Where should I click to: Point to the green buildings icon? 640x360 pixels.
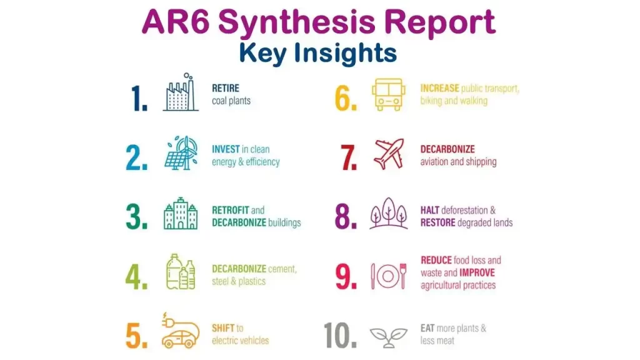point(181,215)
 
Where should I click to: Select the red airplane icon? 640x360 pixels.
point(388,154)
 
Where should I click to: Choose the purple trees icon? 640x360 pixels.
point(388,214)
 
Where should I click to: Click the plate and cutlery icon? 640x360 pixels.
point(388,275)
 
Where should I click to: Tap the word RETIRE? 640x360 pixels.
point(226,89)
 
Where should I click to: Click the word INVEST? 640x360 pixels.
point(226,150)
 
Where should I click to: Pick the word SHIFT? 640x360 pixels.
point(223,328)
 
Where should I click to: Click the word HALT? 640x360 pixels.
point(430,211)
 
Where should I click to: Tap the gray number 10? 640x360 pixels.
point(340,336)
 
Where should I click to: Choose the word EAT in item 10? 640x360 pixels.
point(427,328)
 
